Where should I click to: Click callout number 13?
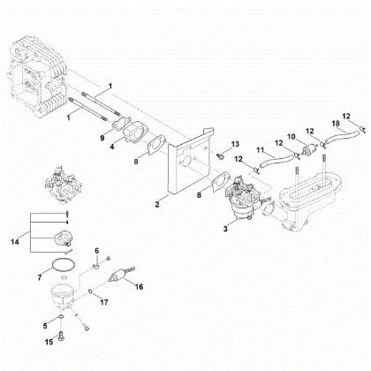[x=236, y=143]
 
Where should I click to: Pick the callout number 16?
[x=138, y=285]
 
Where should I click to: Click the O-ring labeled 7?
[x=58, y=264]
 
